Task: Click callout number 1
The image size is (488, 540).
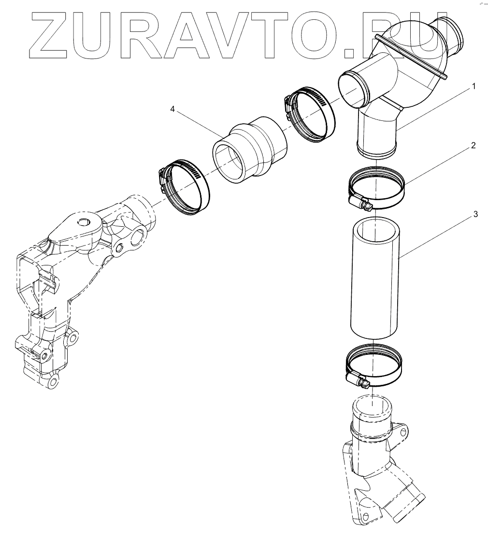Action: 474,87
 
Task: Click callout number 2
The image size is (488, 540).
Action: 474,145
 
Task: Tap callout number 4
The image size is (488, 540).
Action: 172,110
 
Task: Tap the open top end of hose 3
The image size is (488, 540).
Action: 375,229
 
